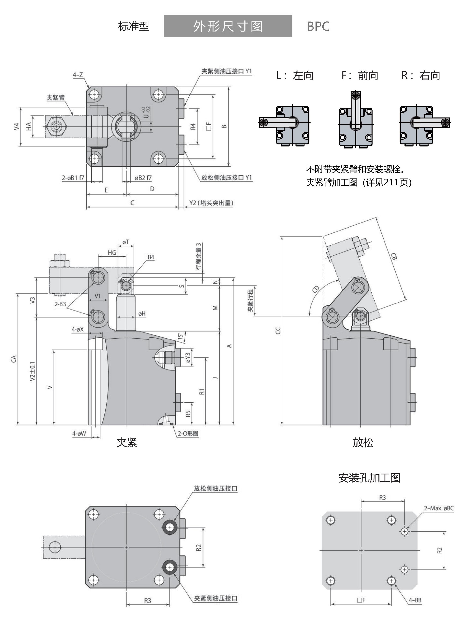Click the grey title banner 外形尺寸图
228,26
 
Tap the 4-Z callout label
78,75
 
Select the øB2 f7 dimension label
143,178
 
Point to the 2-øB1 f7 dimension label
73,178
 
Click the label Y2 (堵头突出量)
211,203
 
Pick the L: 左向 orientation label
295,76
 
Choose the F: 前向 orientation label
359,76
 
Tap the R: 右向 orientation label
420,76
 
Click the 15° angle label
180,336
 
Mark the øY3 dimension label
188,358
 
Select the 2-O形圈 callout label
188,433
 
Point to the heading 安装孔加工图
369,478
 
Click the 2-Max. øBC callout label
439,508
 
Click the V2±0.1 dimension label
33,371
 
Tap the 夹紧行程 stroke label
250,300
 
